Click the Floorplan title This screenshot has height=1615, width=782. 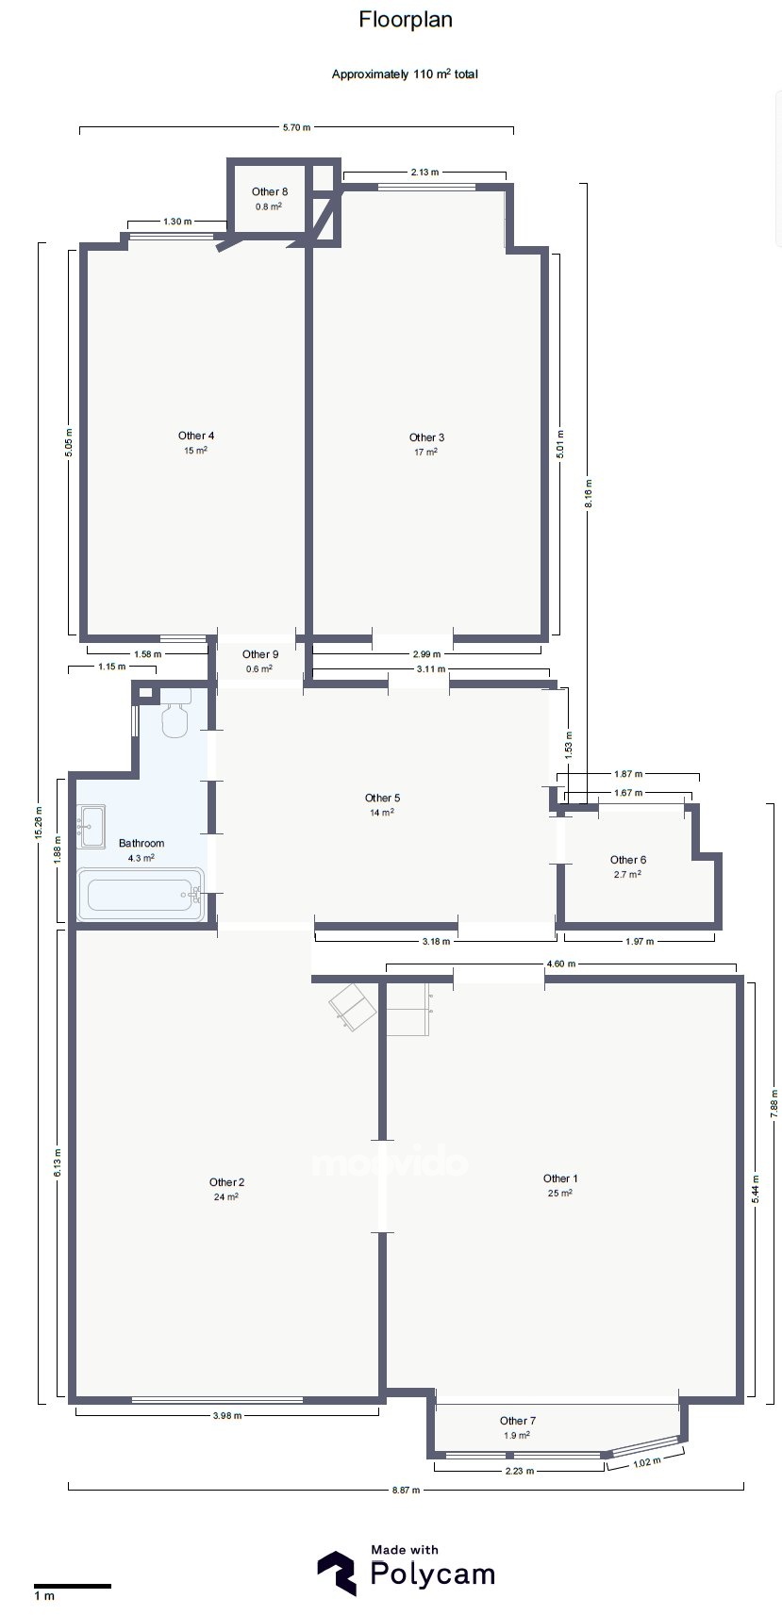tap(406, 20)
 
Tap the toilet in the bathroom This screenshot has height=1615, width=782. tap(175, 713)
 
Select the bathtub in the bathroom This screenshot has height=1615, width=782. tap(141, 894)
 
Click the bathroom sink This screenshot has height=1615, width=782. tap(92, 826)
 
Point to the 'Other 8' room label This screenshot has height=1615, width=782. tap(270, 191)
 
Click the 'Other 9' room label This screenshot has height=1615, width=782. tap(259, 654)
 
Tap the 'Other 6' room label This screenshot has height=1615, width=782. tap(627, 860)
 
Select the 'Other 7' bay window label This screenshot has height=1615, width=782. tap(517, 1421)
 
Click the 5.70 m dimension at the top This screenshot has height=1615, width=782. tap(296, 127)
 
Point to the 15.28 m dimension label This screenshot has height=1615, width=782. tap(39, 822)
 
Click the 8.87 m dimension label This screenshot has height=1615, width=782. tap(406, 1490)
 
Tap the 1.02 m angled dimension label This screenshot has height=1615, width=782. tap(646, 1462)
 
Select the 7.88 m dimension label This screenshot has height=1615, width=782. tap(774, 1103)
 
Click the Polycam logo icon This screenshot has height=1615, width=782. tap(336, 1573)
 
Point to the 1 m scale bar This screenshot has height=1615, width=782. tap(72, 1586)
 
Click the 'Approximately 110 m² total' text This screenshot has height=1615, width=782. tap(405, 74)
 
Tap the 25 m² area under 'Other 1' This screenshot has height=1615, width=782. tap(559, 1194)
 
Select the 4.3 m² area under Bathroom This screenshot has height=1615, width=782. tap(141, 858)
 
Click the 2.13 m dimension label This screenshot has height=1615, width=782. tap(424, 173)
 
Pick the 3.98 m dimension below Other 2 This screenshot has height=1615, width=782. tap(226, 1415)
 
